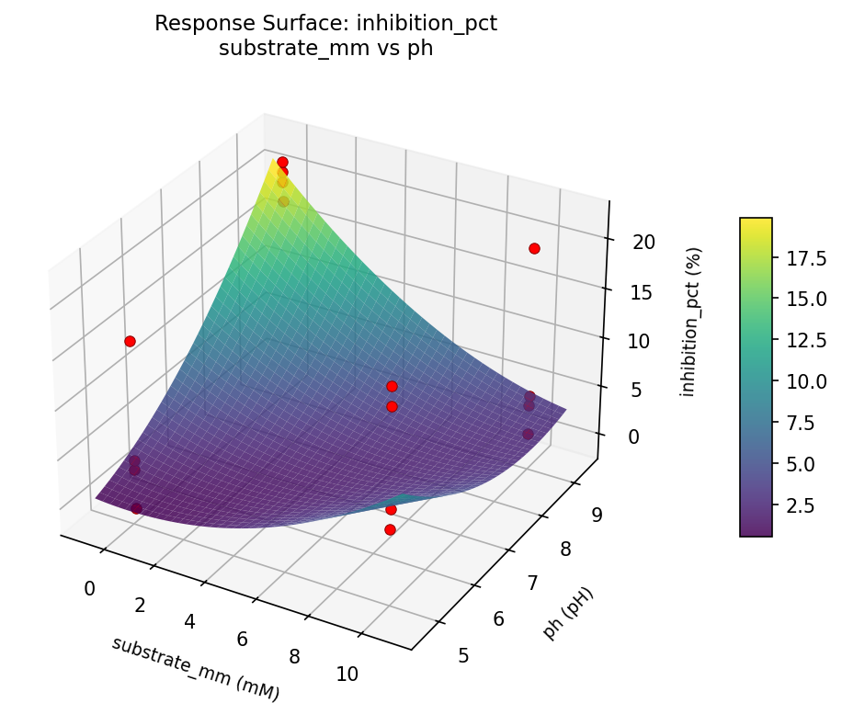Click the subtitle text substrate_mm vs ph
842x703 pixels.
pos(325,50)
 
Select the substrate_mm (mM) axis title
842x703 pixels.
pos(195,668)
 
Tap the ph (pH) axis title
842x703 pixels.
pos(569,613)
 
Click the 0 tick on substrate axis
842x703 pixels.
pos(89,589)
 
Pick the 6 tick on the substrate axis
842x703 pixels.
pos(244,640)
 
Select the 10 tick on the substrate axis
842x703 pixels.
pos(347,675)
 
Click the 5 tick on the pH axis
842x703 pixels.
pos(462,655)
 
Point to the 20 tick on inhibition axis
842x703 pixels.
pos(643,243)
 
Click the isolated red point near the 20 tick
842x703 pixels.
pos(534,248)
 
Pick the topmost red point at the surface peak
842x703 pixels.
pos(282,162)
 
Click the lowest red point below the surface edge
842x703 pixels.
pos(390,529)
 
